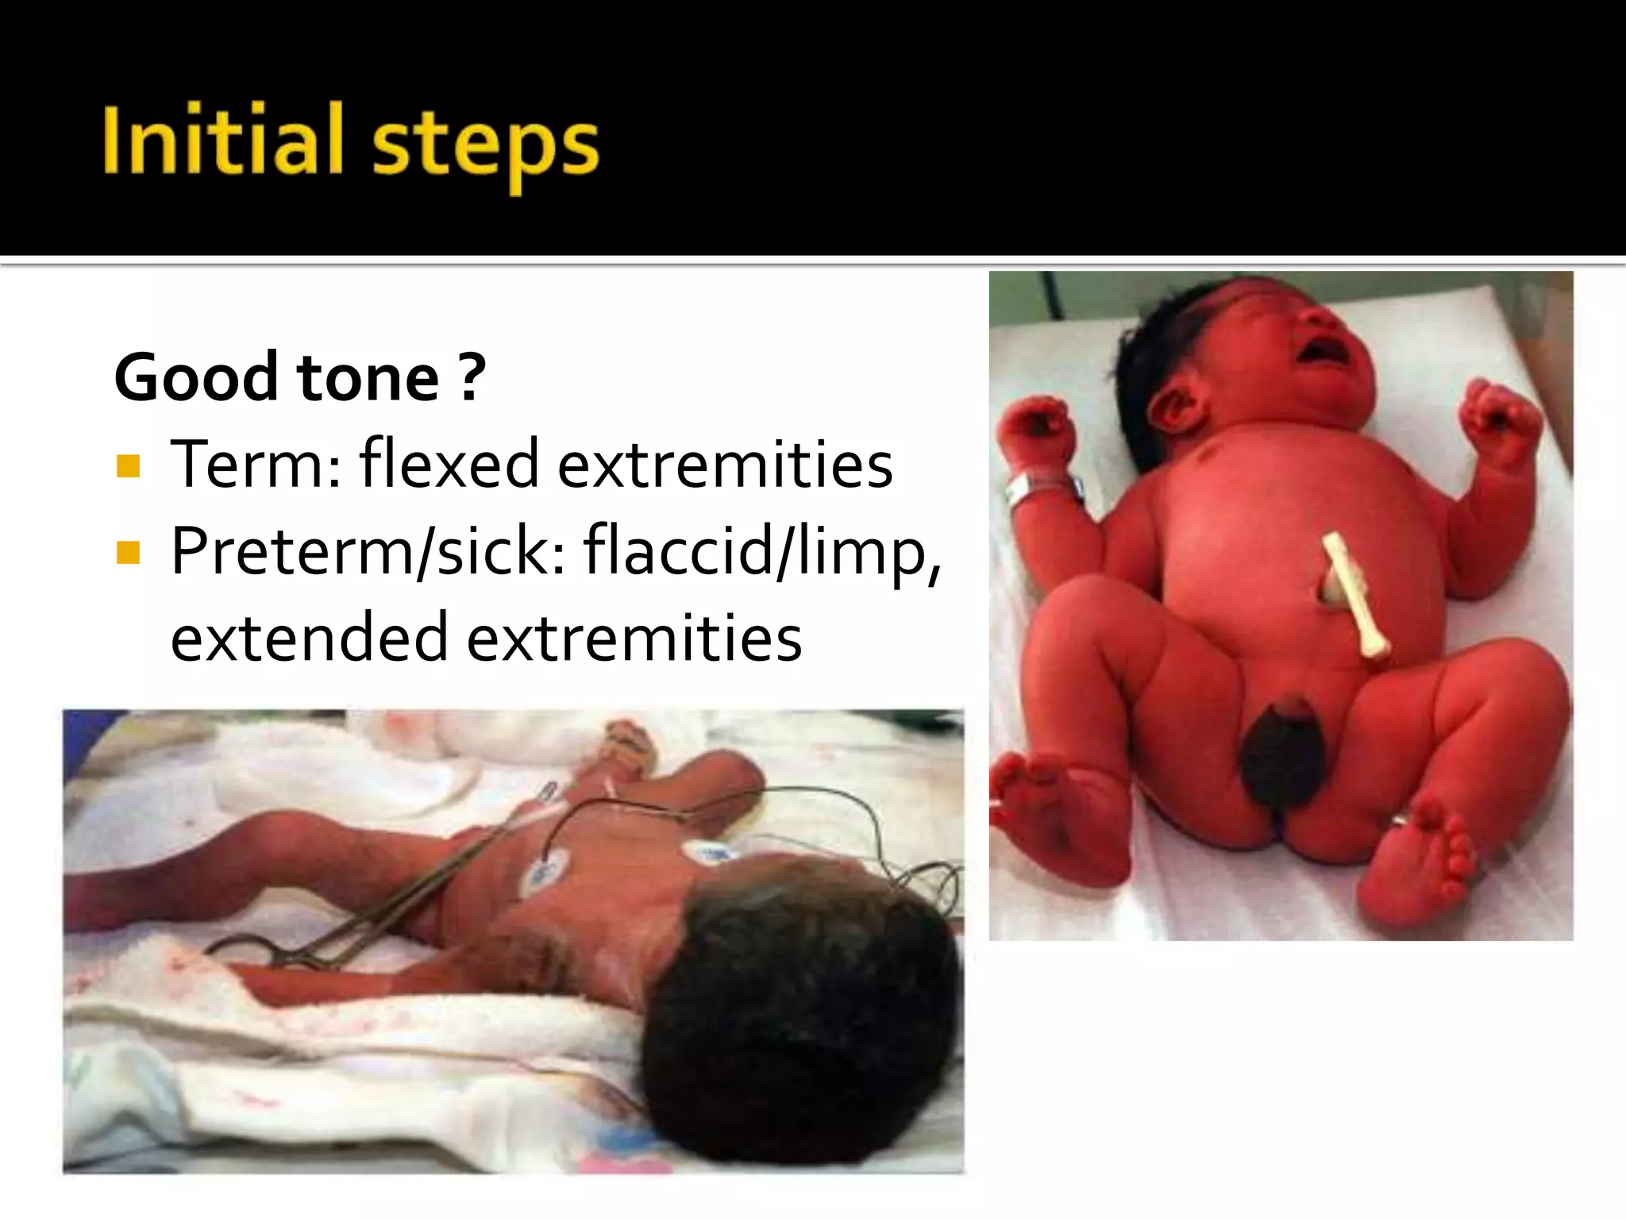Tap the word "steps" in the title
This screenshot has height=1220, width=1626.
pos(485,145)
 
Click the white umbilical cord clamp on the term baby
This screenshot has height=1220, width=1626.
pos(1354,596)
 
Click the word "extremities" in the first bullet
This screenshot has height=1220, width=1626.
pos(725,464)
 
